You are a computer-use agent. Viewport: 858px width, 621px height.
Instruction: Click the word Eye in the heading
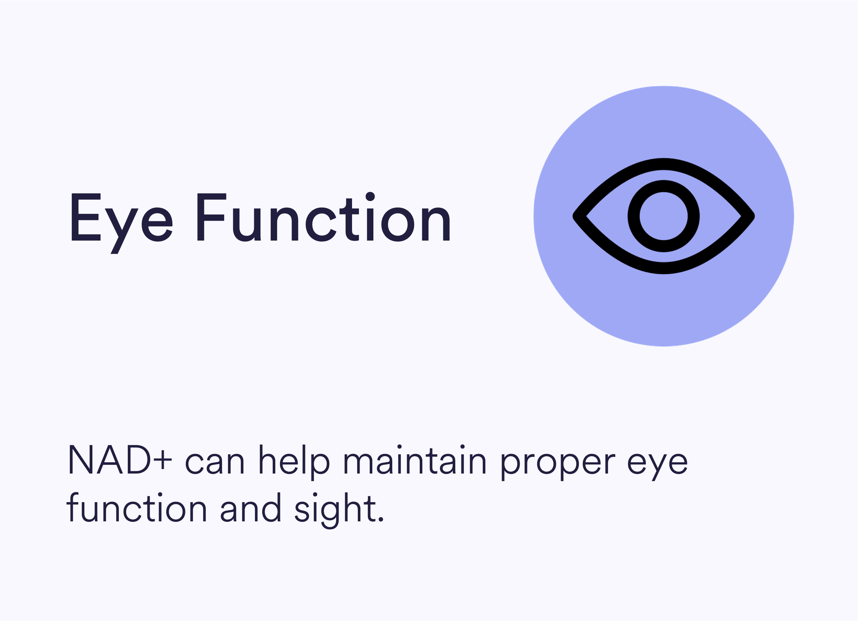(122, 223)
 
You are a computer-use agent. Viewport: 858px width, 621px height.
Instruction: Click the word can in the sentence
(214, 462)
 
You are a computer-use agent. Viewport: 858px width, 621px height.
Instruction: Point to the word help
(295, 462)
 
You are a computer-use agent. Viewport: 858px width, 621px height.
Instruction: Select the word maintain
(415, 459)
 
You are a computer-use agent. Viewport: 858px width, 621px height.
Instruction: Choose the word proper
(558, 466)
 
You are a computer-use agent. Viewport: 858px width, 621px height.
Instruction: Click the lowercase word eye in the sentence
(657, 466)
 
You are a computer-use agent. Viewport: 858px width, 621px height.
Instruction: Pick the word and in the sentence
(250, 508)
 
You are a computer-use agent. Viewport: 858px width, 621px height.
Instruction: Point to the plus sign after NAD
(163, 460)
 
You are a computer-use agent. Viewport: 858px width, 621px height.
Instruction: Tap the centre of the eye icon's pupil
(664, 216)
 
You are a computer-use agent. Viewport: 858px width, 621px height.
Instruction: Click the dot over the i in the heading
(370, 196)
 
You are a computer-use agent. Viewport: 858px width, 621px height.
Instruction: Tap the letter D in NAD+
(138, 459)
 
